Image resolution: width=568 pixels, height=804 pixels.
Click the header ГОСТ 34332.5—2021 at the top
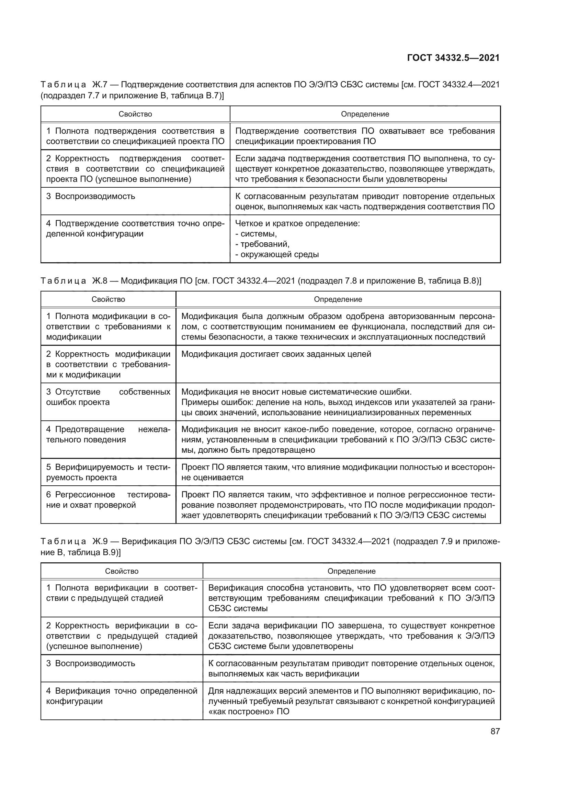(453, 58)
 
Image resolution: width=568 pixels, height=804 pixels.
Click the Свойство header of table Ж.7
(135, 114)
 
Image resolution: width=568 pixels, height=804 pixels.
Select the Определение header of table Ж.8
(338, 299)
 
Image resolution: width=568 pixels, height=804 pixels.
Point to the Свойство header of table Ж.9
(122, 571)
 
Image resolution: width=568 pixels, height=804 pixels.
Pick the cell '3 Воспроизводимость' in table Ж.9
(91, 663)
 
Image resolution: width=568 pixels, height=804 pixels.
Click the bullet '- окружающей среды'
(277, 255)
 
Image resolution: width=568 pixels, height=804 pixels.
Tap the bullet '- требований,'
(262, 244)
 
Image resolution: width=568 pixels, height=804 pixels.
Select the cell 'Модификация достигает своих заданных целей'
(276, 354)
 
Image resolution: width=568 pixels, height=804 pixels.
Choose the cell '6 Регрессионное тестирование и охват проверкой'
(108, 500)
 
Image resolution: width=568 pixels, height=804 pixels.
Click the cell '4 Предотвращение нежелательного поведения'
(108, 434)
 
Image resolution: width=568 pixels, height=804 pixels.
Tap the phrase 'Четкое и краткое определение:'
(298, 223)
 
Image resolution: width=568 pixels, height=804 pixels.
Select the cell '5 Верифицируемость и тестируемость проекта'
(108, 472)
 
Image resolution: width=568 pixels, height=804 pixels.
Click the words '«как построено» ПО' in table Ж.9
(249, 712)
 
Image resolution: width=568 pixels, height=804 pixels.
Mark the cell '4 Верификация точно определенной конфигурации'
(121, 696)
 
